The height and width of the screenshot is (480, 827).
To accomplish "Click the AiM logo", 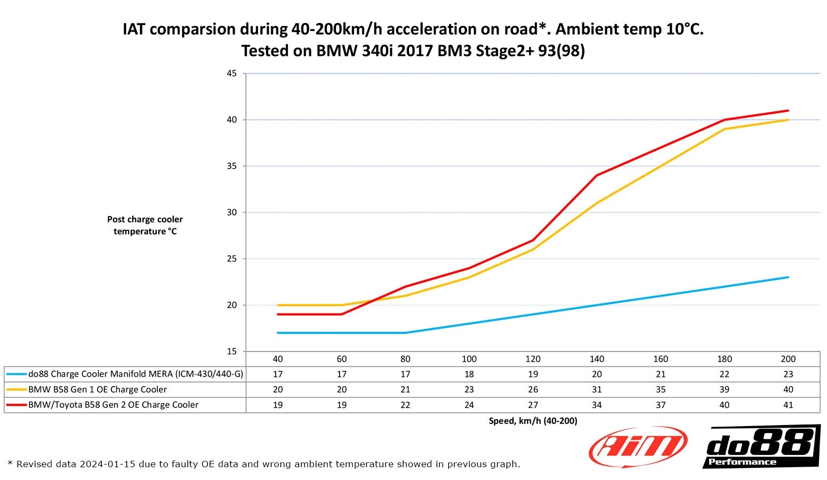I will (x=638, y=447).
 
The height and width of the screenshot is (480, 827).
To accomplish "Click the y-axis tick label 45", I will (x=232, y=74).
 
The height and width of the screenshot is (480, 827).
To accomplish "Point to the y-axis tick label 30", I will (x=232, y=212).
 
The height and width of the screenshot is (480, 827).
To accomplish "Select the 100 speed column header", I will (x=469, y=359).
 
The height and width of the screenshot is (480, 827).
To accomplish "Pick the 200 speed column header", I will (x=788, y=359).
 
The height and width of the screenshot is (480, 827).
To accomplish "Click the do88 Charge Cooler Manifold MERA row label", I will (x=135, y=374).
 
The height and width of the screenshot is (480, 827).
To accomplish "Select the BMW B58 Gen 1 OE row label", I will (x=98, y=389).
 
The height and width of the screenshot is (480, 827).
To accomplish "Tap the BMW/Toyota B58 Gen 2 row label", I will (x=113, y=405).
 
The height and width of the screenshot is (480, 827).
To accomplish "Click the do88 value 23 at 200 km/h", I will (x=788, y=374).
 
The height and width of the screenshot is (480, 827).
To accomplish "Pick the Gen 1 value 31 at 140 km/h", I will (x=597, y=389).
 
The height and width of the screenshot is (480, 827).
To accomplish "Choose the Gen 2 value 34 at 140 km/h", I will (x=597, y=405).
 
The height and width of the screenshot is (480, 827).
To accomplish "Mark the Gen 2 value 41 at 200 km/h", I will (x=788, y=405).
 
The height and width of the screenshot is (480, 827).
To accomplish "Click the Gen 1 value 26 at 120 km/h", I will (x=533, y=389).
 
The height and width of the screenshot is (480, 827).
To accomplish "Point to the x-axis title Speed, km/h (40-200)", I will (x=533, y=421).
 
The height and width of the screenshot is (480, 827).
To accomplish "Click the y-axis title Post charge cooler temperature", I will (x=145, y=225).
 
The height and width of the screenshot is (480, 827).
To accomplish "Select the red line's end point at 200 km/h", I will (x=788, y=110).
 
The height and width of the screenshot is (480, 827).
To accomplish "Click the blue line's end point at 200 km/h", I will (x=788, y=277).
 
